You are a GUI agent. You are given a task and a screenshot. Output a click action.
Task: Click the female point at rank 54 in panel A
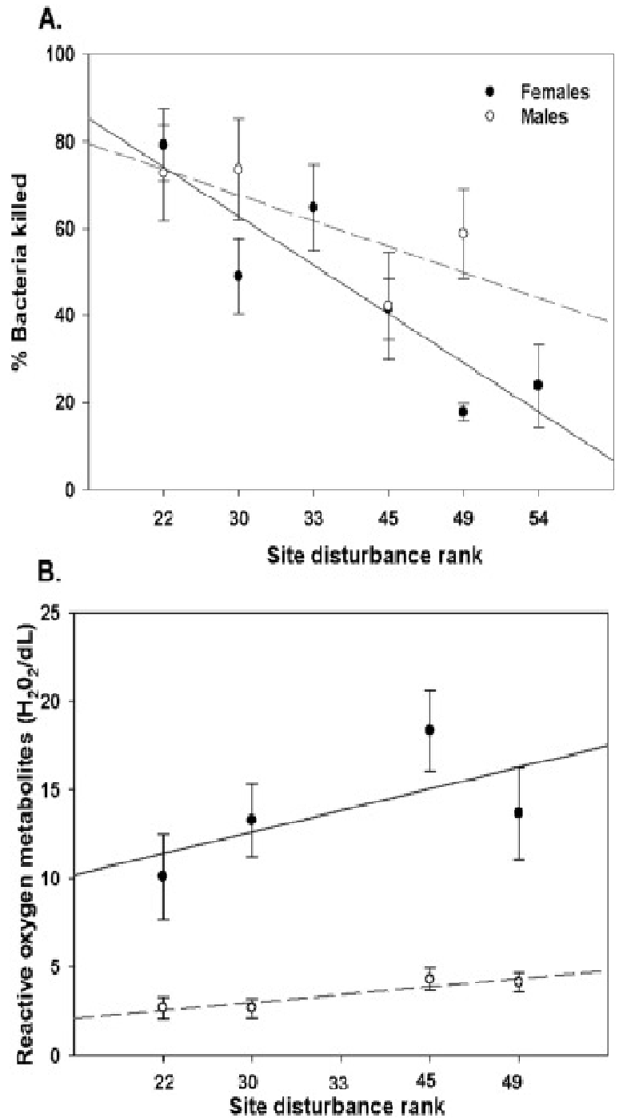538,385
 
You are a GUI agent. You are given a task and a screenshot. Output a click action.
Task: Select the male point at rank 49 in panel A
463,233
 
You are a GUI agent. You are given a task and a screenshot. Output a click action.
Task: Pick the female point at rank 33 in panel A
314,207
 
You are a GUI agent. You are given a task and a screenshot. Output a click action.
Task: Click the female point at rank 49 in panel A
463,411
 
